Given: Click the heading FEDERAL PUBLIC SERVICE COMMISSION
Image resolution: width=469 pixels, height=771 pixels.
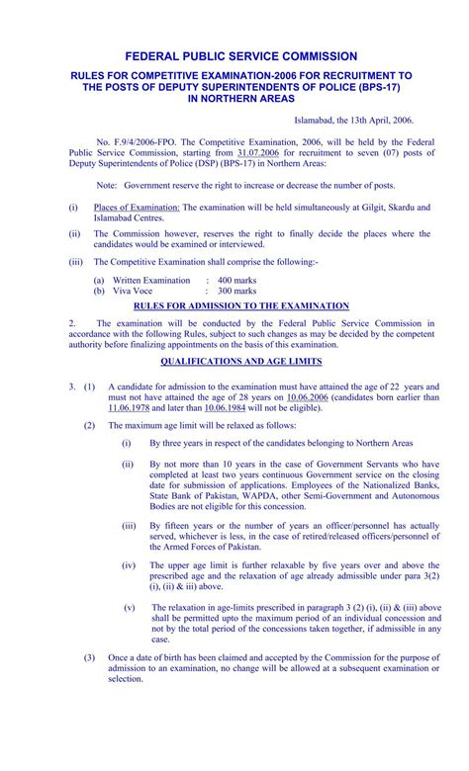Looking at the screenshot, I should pyautogui.click(x=234, y=56).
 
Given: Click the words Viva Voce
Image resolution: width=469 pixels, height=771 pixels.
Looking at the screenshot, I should pyautogui.click(x=132, y=292).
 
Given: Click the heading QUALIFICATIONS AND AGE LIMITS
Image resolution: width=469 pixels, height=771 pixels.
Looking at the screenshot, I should pyautogui.click(x=234, y=361).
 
